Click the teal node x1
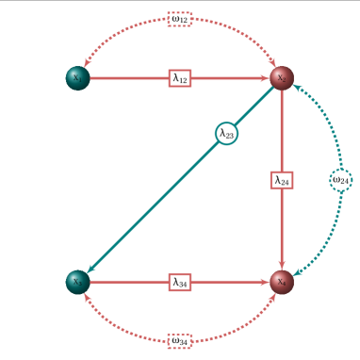(x=77, y=78)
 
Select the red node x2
(x=282, y=78)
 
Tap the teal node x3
(x=77, y=281)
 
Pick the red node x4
(x=282, y=281)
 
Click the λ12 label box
(x=180, y=78)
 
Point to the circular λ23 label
(x=226, y=134)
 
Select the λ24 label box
(x=282, y=179)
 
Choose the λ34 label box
(x=180, y=281)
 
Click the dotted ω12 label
(x=180, y=19)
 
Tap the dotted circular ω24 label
(x=340, y=179)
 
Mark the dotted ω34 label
(x=180, y=339)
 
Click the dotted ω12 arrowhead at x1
(x=86, y=64)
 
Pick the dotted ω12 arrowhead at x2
(x=273, y=64)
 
